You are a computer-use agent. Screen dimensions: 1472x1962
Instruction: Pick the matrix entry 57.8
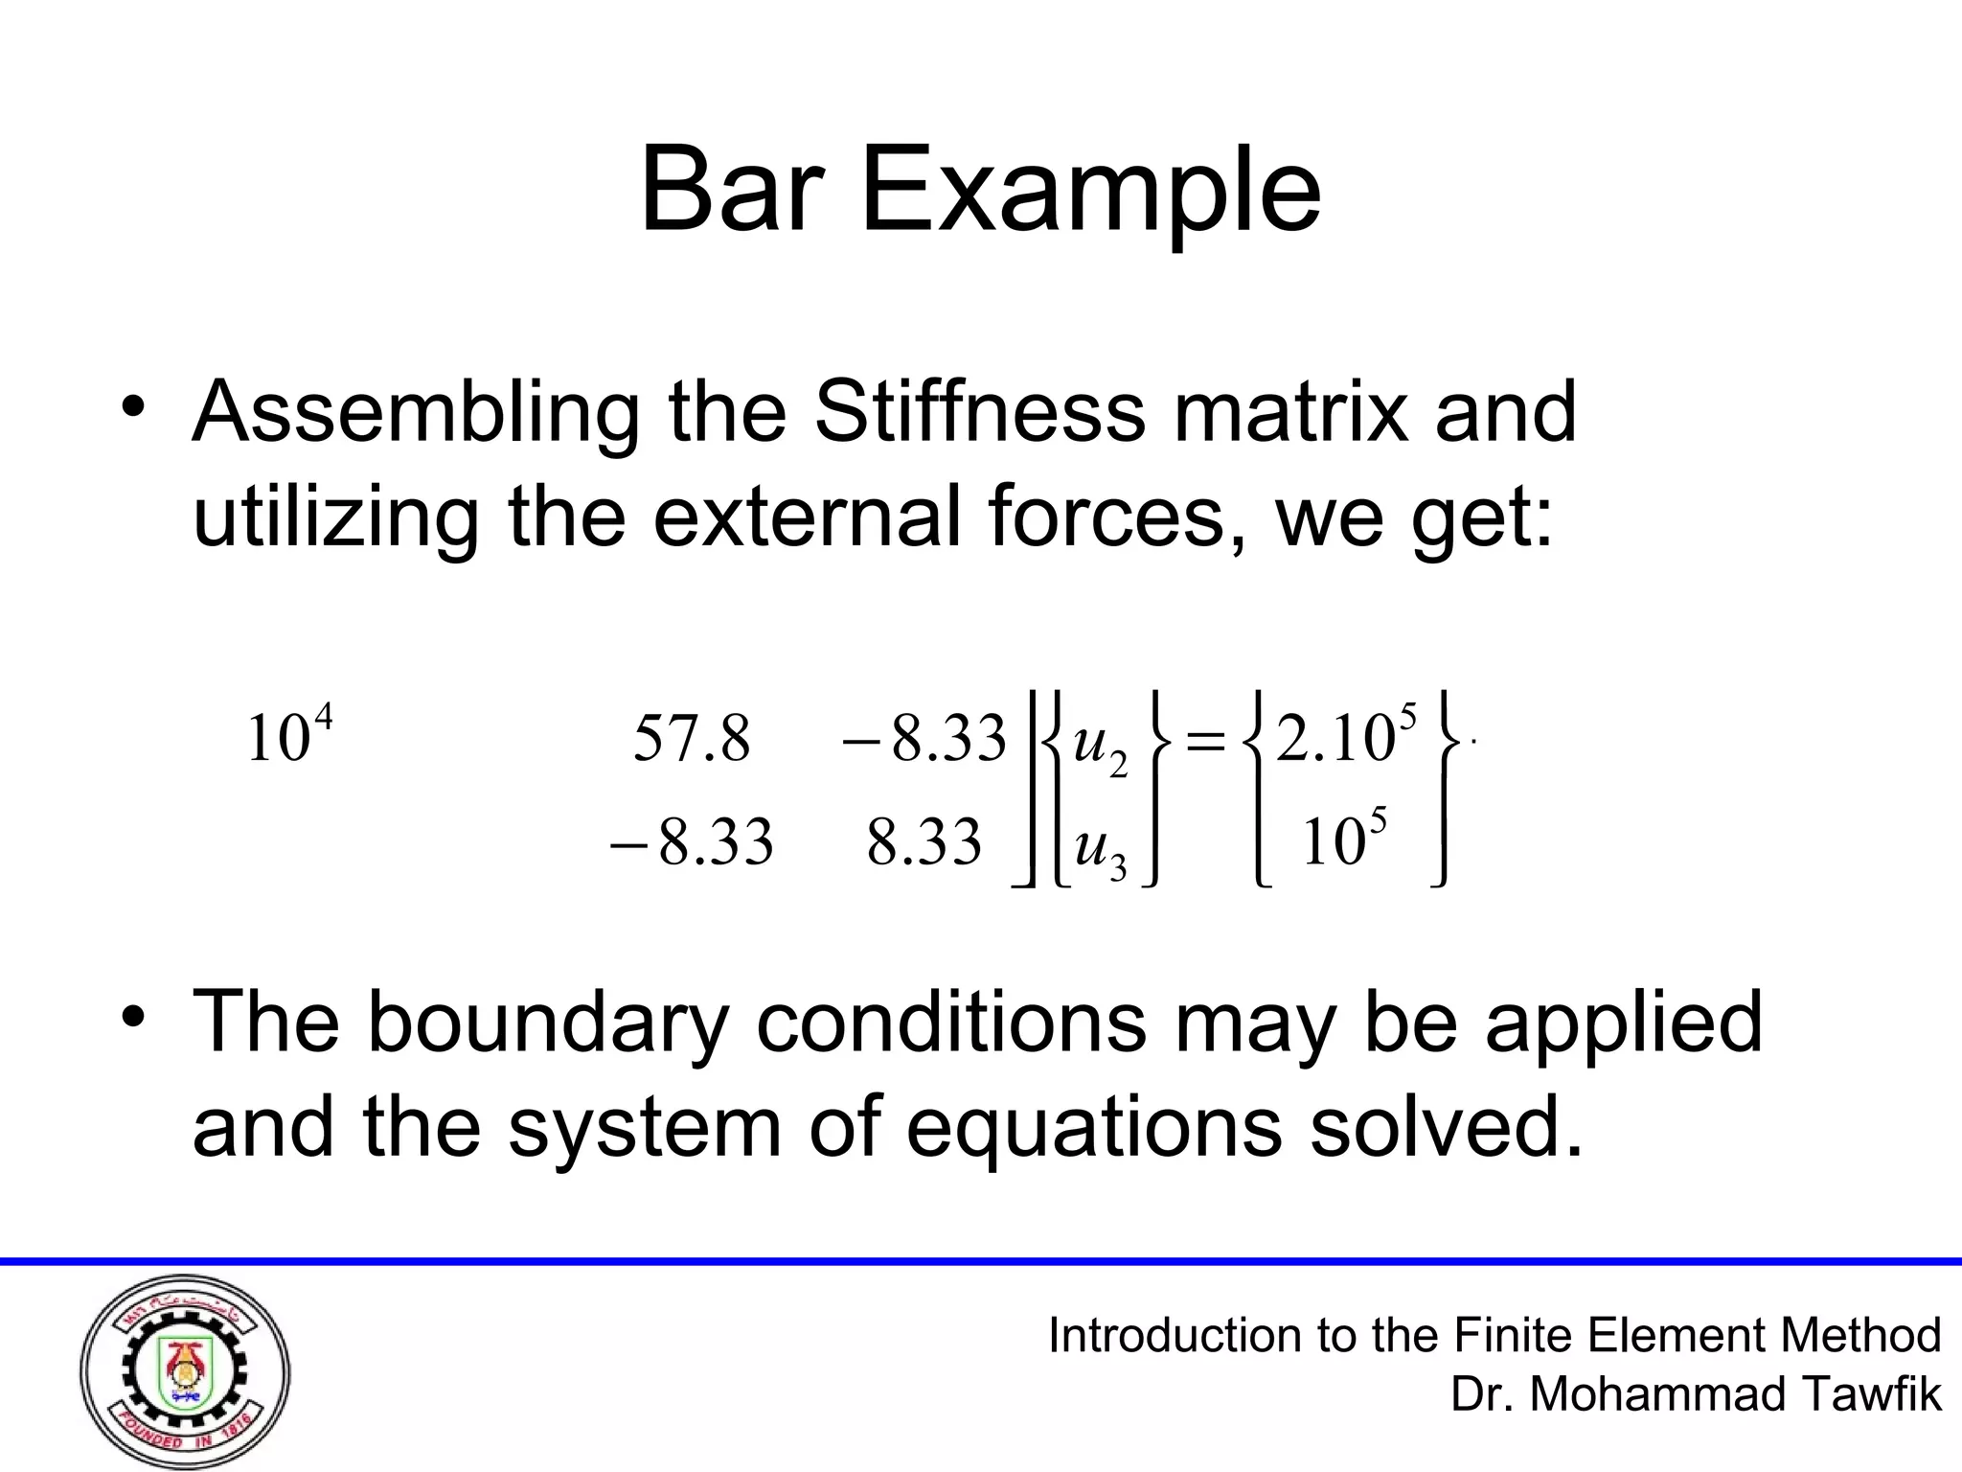692,740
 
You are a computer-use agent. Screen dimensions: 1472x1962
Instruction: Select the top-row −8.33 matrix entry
924,740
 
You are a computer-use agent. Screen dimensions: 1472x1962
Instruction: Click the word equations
1092,1127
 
